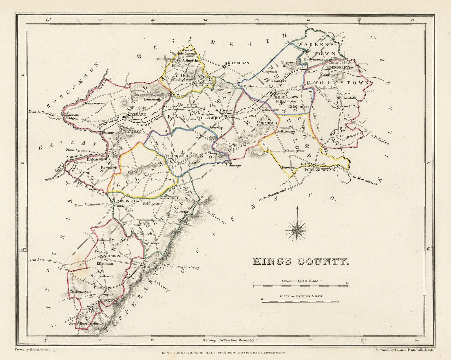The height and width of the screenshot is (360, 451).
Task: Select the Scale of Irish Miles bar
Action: (x=301, y=286)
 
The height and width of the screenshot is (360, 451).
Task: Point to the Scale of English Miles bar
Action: (x=301, y=302)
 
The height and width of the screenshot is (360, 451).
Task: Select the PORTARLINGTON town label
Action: (x=319, y=170)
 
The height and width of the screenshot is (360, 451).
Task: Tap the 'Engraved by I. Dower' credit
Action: (x=406, y=349)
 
